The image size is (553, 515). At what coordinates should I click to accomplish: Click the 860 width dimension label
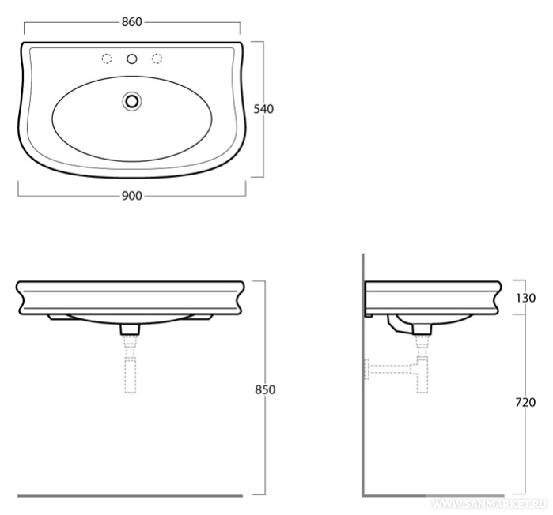click(132, 22)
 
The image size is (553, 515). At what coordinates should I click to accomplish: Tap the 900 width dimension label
click(132, 196)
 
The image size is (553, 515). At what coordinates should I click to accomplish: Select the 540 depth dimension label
click(263, 109)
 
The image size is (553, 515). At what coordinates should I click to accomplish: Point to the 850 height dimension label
click(265, 389)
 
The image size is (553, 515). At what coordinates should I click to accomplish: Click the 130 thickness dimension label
click(525, 298)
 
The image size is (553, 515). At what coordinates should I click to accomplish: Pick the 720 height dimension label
click(525, 402)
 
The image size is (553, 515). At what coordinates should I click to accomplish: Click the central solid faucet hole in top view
click(132, 58)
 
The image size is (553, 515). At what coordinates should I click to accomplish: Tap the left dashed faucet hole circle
click(107, 58)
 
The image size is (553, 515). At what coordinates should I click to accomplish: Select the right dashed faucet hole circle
click(157, 58)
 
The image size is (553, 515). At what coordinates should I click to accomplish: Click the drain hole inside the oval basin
click(132, 101)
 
